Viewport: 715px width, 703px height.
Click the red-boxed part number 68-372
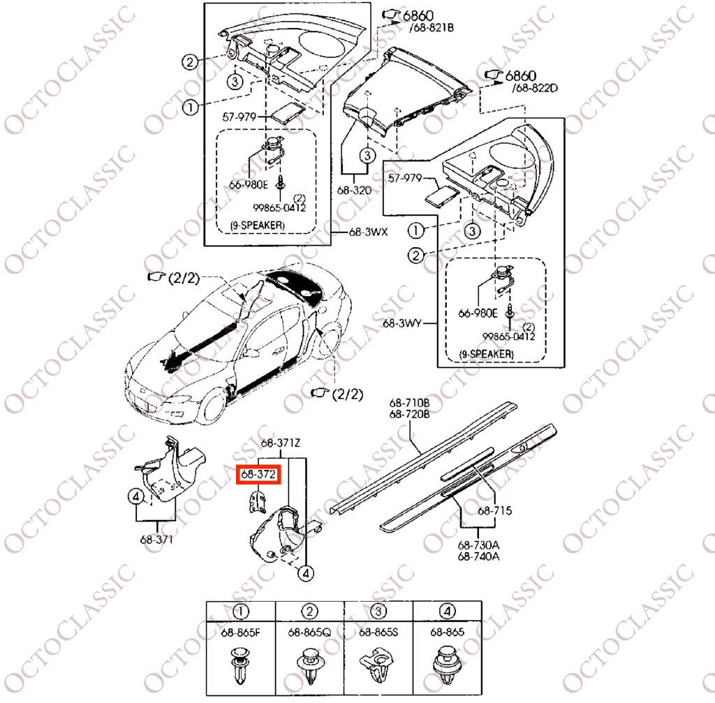coord(258,475)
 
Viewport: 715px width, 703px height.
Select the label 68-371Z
coord(281,443)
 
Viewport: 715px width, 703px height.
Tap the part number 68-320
coord(354,190)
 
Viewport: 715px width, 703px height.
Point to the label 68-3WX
coord(369,232)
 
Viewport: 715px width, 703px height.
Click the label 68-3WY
coord(402,324)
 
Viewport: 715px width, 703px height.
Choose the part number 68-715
coord(495,510)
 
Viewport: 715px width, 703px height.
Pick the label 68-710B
coord(409,403)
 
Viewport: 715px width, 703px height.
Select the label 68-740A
coord(478,556)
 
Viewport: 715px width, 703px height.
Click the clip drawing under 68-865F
coord(240,666)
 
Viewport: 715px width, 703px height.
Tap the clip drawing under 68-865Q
coord(309,666)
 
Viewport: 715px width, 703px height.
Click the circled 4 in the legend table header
coord(447,612)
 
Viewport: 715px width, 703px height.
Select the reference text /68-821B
coord(432,28)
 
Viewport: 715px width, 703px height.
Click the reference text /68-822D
coord(535,88)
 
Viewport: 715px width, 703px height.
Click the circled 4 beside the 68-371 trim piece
coord(136,496)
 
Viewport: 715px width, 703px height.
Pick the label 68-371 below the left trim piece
coord(156,540)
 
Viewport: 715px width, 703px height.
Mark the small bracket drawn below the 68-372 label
coord(257,500)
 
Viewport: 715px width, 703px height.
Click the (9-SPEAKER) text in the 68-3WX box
coord(258,225)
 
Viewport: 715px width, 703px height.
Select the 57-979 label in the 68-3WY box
coord(405,178)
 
